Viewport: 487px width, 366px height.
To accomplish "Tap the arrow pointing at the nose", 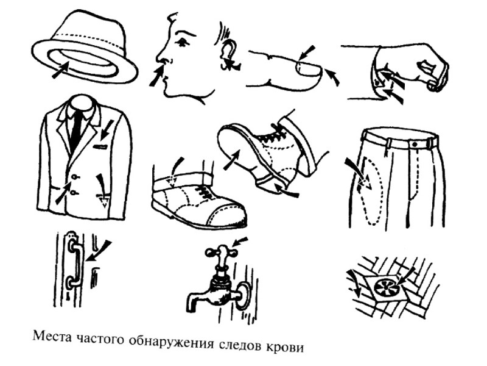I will tap(158, 77).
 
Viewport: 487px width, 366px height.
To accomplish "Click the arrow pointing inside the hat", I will tap(58, 71).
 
